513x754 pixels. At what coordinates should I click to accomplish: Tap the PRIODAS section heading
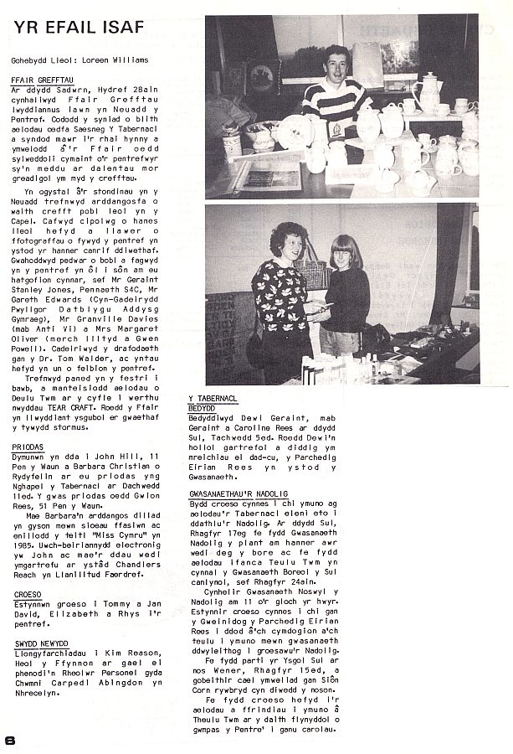click(28, 448)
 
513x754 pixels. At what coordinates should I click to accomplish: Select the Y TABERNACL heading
click(218, 399)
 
